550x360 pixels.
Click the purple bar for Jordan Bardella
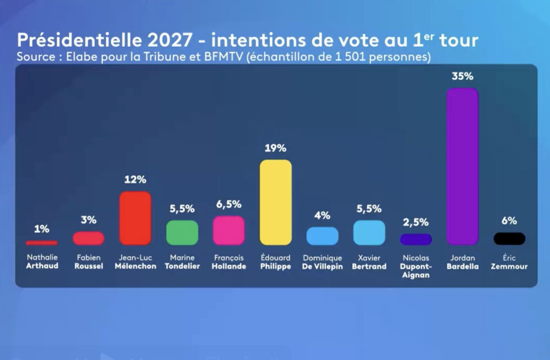[x=462, y=166]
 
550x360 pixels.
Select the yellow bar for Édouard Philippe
[x=275, y=202]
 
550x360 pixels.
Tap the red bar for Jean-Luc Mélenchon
[x=135, y=218]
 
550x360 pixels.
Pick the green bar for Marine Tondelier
[x=182, y=233]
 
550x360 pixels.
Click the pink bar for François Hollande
[x=229, y=230]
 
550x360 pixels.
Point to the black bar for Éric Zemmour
[x=509, y=238]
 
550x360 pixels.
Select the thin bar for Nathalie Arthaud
[x=42, y=243]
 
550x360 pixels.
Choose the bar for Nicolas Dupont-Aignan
[x=416, y=239]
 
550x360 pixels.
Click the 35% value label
[x=462, y=77]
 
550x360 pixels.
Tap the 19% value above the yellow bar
[x=275, y=148]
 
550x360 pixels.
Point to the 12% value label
[x=135, y=180]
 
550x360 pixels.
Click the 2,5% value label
[x=416, y=222]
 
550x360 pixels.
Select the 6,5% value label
[x=229, y=205]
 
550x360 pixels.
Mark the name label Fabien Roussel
[x=88, y=262]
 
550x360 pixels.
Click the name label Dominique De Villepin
[x=322, y=262]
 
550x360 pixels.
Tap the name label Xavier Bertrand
[x=369, y=262]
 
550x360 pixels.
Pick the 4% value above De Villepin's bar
[x=322, y=216]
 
